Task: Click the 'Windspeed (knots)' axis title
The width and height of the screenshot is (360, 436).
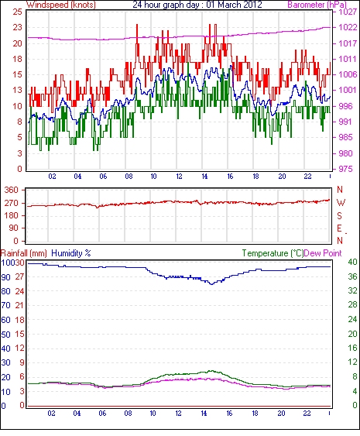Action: click(x=61, y=5)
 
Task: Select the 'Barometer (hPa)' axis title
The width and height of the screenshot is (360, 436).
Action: click(x=317, y=5)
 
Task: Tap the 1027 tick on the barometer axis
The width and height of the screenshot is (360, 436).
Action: click(x=348, y=12)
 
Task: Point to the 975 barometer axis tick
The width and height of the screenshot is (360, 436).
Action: click(x=345, y=169)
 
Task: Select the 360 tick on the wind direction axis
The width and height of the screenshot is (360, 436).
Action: click(x=11, y=191)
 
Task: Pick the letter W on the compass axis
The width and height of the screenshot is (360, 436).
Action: click(x=341, y=203)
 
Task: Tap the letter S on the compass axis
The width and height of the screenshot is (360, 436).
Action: click(x=339, y=215)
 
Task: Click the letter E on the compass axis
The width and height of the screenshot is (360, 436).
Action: click(x=339, y=228)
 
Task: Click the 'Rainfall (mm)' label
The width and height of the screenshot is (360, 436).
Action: click(x=24, y=253)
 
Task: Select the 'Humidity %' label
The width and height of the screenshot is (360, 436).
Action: click(x=71, y=253)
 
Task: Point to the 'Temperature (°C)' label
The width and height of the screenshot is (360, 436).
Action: click(x=273, y=253)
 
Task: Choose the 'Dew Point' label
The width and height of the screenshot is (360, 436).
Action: click(x=323, y=253)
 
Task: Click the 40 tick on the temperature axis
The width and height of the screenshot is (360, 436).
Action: click(x=352, y=262)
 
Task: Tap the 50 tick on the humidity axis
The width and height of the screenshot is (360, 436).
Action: click(x=6, y=335)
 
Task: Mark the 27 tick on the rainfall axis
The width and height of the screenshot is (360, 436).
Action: click(x=19, y=276)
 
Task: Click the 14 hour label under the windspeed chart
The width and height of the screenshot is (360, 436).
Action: click(x=204, y=177)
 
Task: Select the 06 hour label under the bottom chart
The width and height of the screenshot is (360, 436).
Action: click(x=102, y=414)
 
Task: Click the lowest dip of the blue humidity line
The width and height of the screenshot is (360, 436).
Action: click(x=212, y=284)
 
